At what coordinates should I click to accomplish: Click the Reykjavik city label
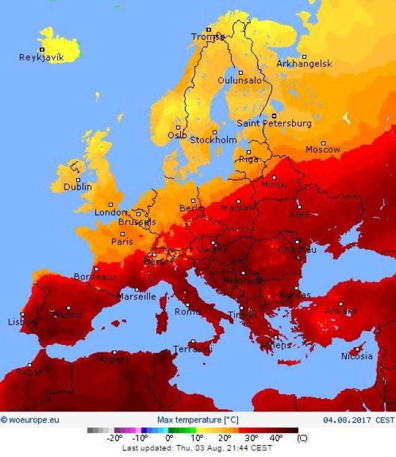click(41, 57)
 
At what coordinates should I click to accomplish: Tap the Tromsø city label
click(208, 37)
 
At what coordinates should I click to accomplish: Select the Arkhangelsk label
click(304, 63)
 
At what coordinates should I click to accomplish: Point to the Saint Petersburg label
click(274, 123)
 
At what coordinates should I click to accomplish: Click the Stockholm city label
click(213, 140)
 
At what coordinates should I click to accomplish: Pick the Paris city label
click(122, 242)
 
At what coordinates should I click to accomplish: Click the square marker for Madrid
click(68, 307)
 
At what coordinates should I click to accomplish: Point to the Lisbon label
click(22, 322)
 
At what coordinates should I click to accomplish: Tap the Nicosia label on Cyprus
click(357, 356)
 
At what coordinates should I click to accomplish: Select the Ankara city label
click(340, 311)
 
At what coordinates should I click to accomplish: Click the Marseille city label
click(137, 296)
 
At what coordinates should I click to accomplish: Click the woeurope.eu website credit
click(30, 420)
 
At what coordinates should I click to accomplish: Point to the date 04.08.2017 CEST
click(358, 420)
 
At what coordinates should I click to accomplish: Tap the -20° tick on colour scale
click(114, 439)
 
